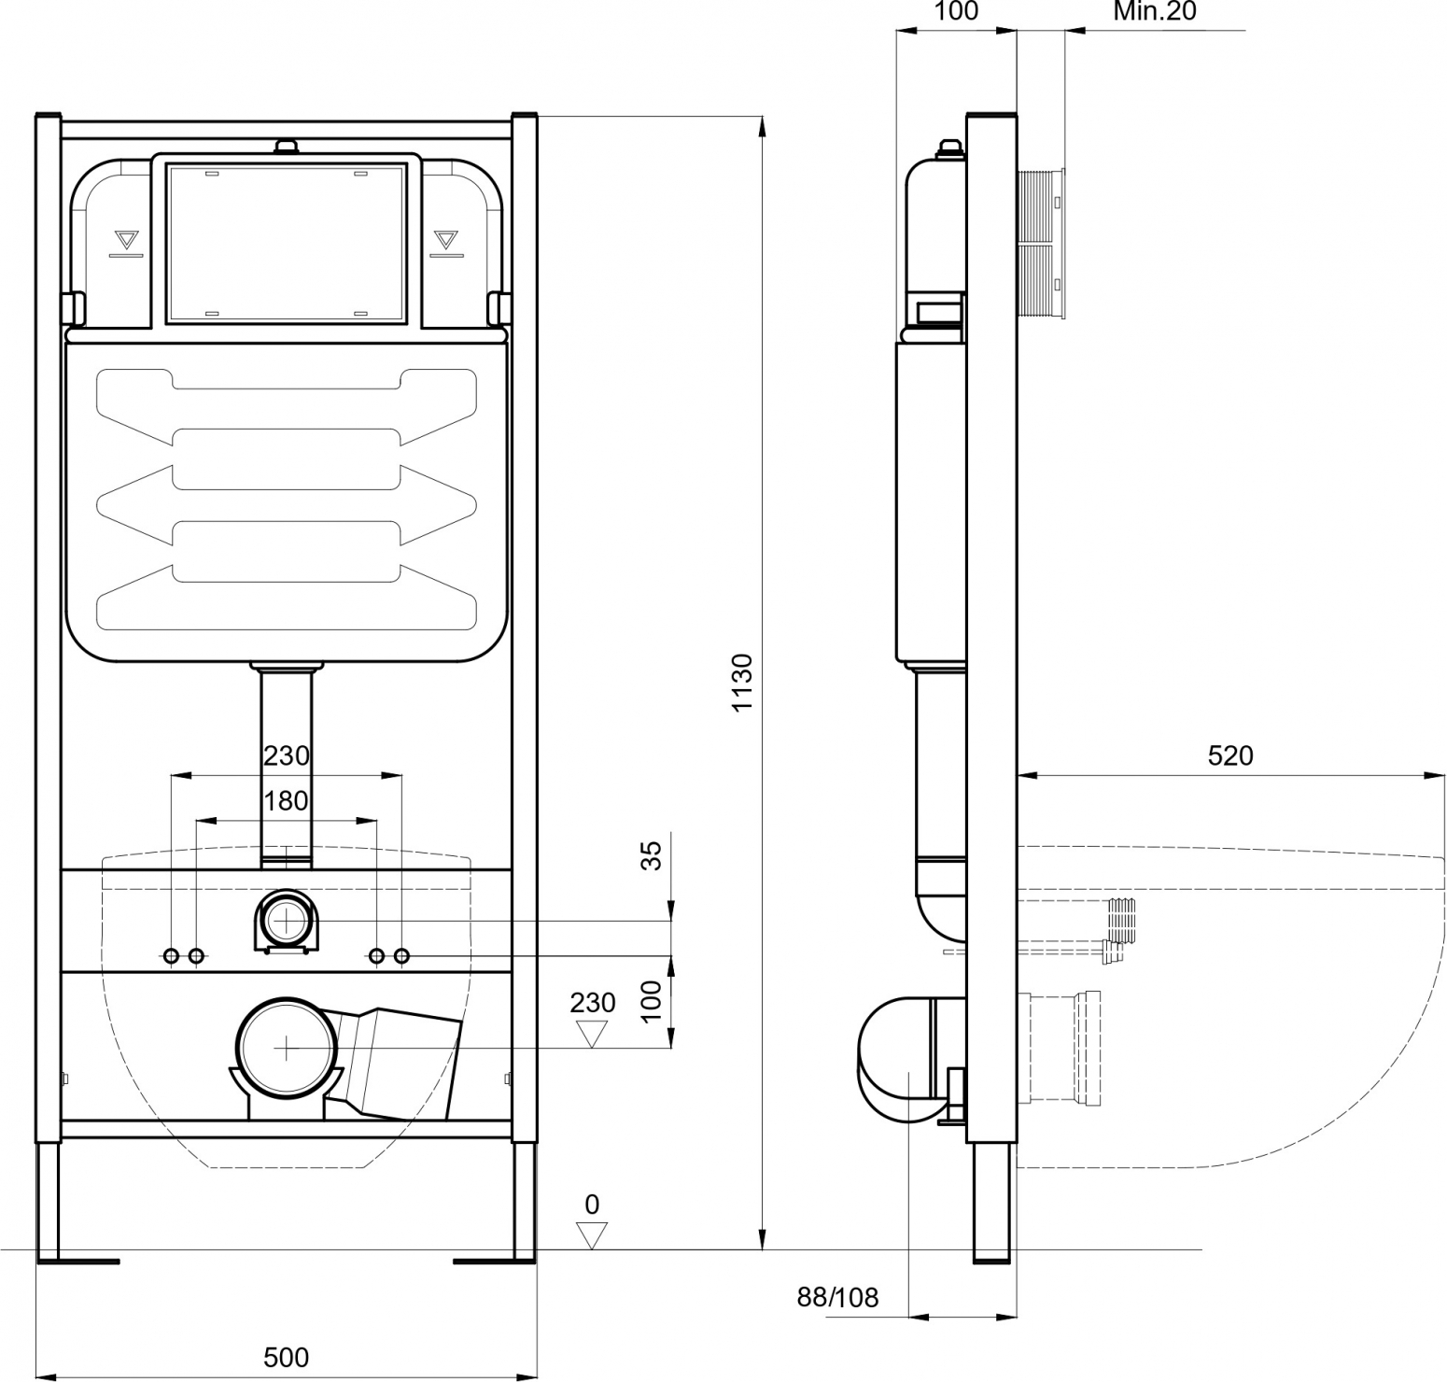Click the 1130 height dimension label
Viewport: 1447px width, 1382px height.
tap(742, 683)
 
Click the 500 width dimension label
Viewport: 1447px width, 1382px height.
tap(286, 1357)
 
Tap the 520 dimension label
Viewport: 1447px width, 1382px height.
tap(1230, 755)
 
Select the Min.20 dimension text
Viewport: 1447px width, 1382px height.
tap(1155, 11)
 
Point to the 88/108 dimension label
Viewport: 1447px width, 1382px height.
tap(837, 1297)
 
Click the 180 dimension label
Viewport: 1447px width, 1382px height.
tap(286, 801)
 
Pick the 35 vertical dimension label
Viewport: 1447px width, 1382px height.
tap(652, 855)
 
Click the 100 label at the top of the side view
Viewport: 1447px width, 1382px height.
tap(956, 11)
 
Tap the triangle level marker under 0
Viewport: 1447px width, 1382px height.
tap(592, 1236)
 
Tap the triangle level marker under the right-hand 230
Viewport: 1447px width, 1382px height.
tap(592, 1034)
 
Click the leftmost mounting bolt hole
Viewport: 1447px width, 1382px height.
tap(172, 956)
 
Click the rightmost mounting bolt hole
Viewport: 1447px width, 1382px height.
tap(401, 956)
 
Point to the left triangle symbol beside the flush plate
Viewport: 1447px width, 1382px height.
tap(124, 239)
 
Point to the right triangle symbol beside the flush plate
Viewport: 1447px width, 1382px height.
tap(446, 239)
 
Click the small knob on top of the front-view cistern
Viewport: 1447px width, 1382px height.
tap(286, 147)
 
